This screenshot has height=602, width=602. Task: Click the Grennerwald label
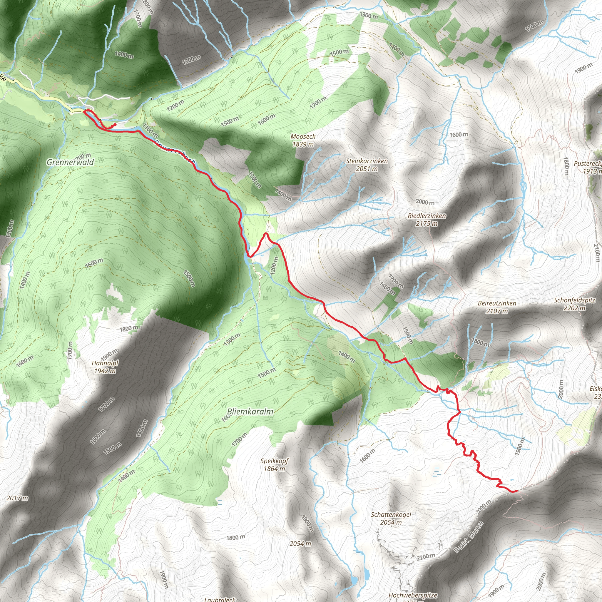70,162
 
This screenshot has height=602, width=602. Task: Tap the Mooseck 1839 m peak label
303,140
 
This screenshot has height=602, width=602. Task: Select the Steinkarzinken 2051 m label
367,165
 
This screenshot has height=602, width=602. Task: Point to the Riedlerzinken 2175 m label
427,219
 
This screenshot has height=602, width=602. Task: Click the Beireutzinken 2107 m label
497,307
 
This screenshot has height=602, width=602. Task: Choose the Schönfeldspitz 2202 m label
575,304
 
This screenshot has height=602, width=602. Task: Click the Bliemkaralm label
250,411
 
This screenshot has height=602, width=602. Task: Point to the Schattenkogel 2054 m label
391,518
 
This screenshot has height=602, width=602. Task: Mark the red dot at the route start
115,125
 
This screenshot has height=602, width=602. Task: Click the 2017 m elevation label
17,498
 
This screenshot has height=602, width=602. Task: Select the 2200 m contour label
426,556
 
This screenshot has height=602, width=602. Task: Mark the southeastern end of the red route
517,491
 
